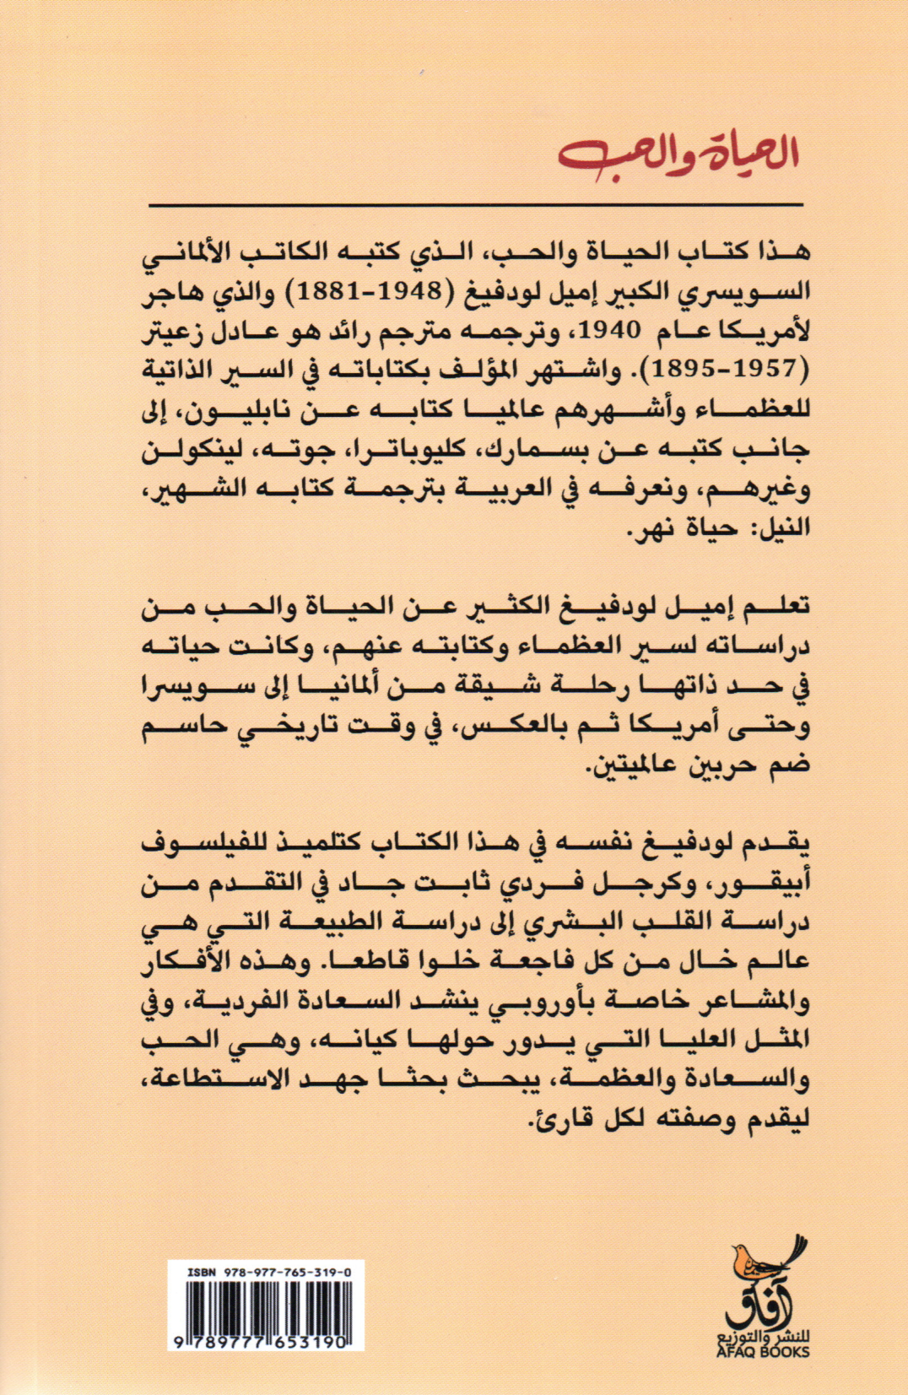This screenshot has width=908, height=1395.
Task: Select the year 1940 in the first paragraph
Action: pyautogui.click(x=618, y=331)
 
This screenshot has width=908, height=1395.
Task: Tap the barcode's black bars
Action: pyautogui.click(x=259, y=1305)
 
